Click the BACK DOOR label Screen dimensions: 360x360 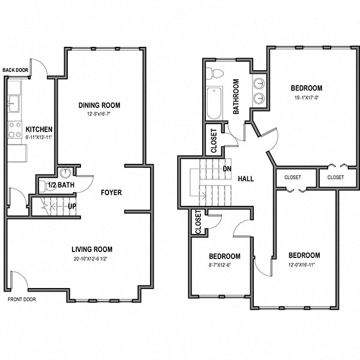click(x=15, y=70)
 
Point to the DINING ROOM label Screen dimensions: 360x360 click(x=100, y=106)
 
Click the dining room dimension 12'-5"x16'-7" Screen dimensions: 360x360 click(x=100, y=114)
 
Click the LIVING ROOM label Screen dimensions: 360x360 click(x=92, y=249)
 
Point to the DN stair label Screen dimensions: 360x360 click(x=227, y=169)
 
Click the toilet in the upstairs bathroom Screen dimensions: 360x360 click(x=215, y=74)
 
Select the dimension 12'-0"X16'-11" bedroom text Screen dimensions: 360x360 click(x=304, y=265)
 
